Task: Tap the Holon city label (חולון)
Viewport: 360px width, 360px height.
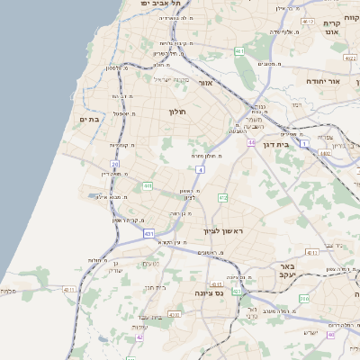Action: click(x=176, y=112)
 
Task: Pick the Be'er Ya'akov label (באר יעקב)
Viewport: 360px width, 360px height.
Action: click(x=286, y=273)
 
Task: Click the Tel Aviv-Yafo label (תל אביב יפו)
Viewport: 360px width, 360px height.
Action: click(x=155, y=4)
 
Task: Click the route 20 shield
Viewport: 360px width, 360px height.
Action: click(x=115, y=164)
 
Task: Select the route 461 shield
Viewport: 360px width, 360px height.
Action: click(x=239, y=51)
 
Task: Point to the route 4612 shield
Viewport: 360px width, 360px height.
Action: click(x=309, y=21)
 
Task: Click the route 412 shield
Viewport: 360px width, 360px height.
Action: click(x=222, y=197)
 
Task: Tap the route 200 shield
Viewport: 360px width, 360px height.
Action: click(x=304, y=298)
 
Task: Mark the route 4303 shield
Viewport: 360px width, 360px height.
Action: click(x=174, y=315)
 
